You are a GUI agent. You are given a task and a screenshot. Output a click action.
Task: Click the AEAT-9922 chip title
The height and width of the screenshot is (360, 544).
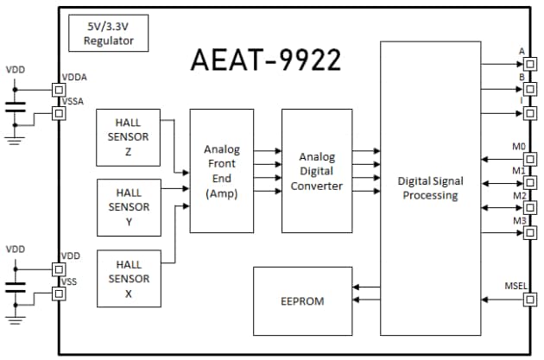(266, 60)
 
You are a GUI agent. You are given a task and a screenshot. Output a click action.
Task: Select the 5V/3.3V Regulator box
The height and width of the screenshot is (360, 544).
(109, 33)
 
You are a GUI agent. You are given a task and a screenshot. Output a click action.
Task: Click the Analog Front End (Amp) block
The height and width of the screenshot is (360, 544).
(222, 171)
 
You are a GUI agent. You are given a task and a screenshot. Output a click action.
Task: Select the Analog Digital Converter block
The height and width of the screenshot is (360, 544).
(317, 171)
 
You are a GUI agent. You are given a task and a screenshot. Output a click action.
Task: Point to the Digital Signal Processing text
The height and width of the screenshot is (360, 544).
(430, 188)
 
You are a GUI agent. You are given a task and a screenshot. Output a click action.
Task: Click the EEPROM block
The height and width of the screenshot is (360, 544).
(302, 301)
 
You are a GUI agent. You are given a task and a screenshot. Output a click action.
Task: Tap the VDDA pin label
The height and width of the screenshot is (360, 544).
(75, 78)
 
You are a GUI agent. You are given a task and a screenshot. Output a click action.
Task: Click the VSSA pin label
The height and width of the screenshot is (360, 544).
(75, 102)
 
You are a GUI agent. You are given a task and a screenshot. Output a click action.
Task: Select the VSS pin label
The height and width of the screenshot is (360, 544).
(69, 281)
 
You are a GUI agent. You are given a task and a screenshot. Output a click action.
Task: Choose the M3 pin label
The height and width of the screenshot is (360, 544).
(519, 221)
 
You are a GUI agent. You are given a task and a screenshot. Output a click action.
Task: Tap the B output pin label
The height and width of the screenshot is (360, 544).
(522, 77)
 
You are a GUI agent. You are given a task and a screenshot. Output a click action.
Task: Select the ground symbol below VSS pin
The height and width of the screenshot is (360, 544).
(16, 321)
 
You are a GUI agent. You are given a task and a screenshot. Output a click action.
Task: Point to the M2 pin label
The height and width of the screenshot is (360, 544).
(519, 195)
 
